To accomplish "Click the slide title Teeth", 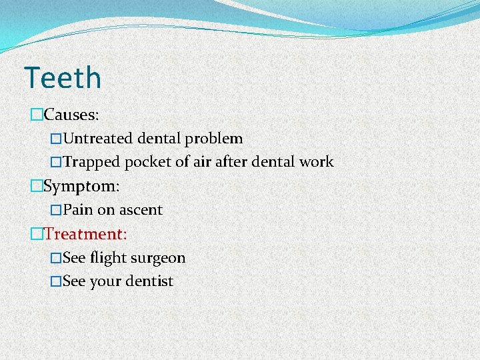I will (x=63, y=77).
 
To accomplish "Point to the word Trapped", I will (x=91, y=161).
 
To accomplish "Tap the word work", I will (x=315, y=161).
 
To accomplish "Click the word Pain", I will (x=78, y=209).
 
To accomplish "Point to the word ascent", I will (x=140, y=210).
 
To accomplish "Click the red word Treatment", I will (x=85, y=234).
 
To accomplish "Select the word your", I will (x=106, y=282).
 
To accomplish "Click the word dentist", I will (x=150, y=281).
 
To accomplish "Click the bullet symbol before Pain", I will (x=56, y=210).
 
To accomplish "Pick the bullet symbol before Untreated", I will (x=56, y=139).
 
